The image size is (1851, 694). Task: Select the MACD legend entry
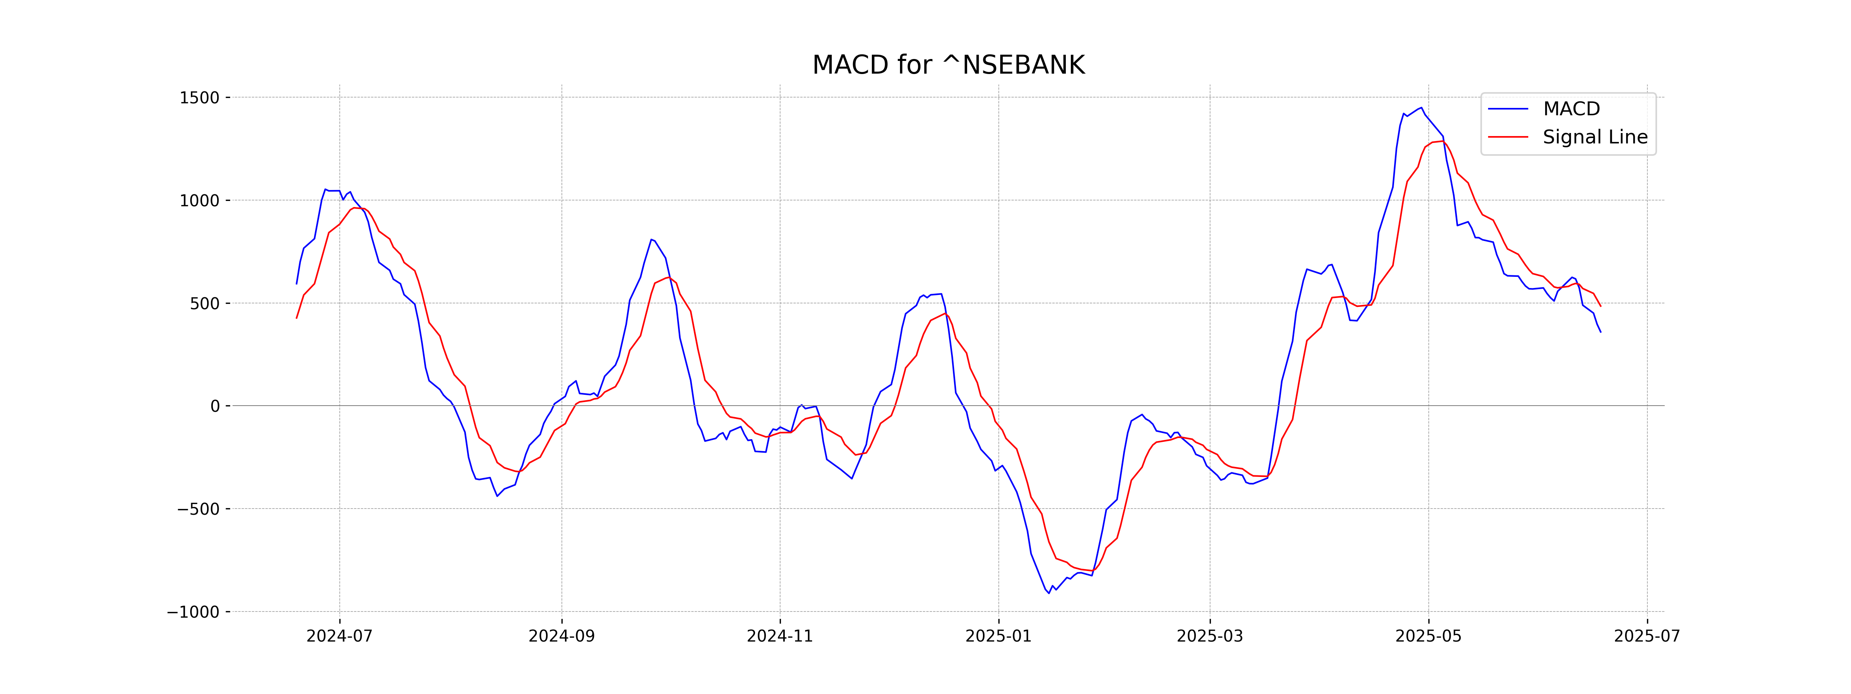pyautogui.click(x=1571, y=109)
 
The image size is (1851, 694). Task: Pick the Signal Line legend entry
pyautogui.click(x=1595, y=137)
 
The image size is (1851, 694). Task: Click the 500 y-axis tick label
pyautogui.click(x=205, y=303)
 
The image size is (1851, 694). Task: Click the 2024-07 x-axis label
pyautogui.click(x=339, y=637)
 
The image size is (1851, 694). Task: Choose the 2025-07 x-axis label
pyautogui.click(x=1647, y=637)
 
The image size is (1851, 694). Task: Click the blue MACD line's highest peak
pyautogui.click(x=1421, y=108)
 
